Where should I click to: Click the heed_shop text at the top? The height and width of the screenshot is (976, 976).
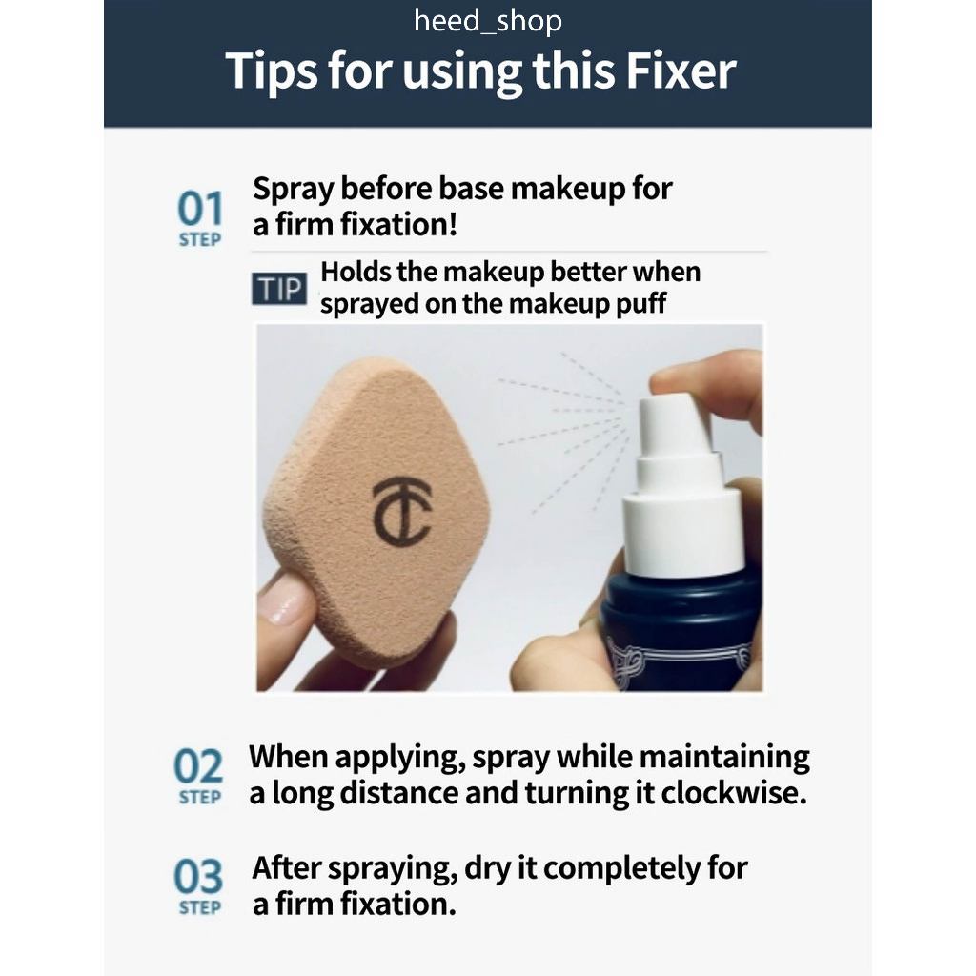coord(488,21)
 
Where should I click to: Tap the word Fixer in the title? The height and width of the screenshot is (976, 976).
coord(681,71)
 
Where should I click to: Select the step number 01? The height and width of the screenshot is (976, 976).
coord(200,208)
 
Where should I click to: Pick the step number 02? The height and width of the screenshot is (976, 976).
coord(198,765)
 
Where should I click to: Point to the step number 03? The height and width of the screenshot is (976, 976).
coord(198,877)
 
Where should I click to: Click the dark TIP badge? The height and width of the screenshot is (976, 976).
coord(279,289)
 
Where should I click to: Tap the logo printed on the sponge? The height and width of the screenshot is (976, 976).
coord(401,512)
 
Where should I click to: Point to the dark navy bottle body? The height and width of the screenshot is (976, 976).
coord(681,629)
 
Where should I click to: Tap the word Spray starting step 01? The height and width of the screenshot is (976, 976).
coord(294,190)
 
